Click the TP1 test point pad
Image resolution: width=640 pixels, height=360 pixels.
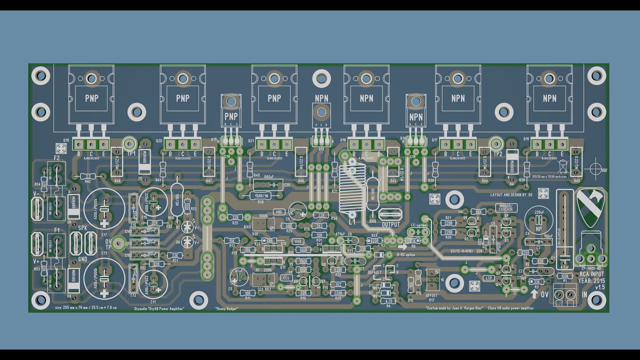(x=129, y=143)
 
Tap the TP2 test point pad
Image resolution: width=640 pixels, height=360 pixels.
(x=496, y=143)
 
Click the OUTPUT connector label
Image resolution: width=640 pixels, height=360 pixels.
(x=390, y=224)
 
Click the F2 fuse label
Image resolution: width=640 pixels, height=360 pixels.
(x=56, y=158)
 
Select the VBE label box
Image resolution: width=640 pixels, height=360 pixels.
(x=279, y=212)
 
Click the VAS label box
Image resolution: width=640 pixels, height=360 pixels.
(x=298, y=241)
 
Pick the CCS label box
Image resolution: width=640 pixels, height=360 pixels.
(x=286, y=277)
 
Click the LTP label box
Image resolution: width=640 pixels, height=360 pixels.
(x=488, y=277)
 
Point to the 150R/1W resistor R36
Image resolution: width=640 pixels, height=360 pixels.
(x=260, y=195)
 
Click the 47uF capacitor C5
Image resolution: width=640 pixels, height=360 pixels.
(x=238, y=276)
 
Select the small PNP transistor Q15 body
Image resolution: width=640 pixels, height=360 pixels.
(x=230, y=115)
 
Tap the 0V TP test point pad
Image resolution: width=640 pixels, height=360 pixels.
(x=118, y=243)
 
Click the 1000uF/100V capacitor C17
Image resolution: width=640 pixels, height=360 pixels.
(x=104, y=206)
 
